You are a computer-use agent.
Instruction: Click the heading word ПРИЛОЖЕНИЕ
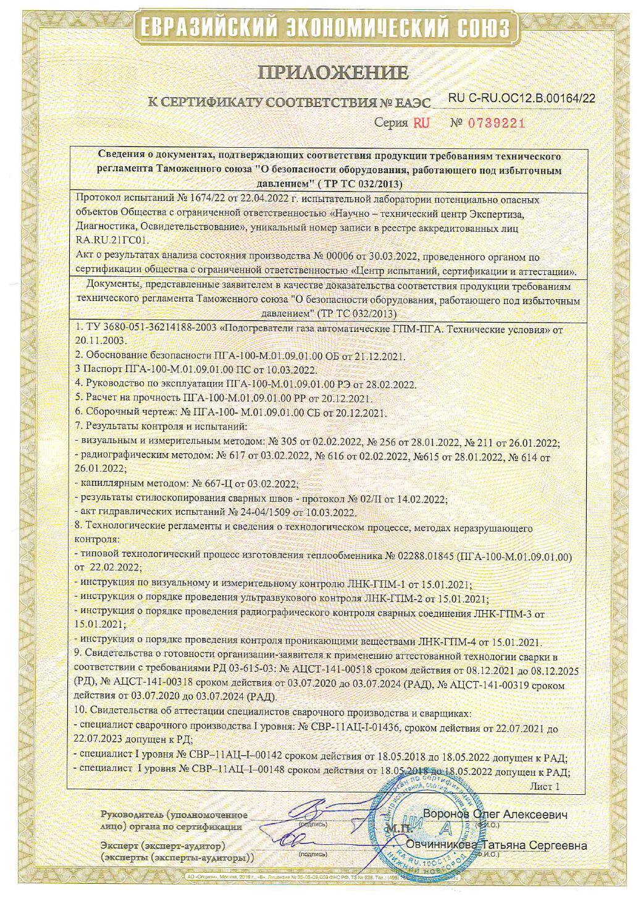coord(334,73)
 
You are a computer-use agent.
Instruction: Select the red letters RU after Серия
coord(421,122)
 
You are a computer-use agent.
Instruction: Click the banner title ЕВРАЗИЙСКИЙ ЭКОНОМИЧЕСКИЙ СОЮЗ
coord(324,28)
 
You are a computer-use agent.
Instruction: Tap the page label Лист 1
coord(544,786)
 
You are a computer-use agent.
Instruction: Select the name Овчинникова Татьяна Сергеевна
coord(497,845)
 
